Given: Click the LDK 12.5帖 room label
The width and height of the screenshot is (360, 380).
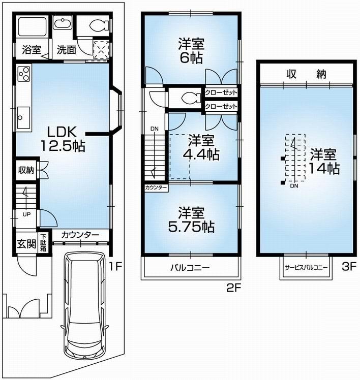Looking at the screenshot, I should pos(63,139).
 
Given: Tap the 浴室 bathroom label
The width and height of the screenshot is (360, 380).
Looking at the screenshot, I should pos(31,50).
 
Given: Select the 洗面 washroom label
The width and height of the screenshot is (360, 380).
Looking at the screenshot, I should pos(66,50).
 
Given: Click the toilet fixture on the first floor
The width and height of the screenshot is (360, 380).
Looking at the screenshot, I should pos(97,25).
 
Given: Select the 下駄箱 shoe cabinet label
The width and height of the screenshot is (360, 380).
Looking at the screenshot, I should pos(44,243).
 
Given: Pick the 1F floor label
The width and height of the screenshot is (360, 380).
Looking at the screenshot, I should pos(117,265).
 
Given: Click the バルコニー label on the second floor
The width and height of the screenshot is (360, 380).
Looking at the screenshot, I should pos(190,268).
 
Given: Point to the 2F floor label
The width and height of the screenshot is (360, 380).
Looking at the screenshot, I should pos(231,288).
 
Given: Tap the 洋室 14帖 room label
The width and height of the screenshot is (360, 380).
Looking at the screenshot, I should pos(323,162).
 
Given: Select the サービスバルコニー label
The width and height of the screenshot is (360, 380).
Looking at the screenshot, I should pos(306,267).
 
